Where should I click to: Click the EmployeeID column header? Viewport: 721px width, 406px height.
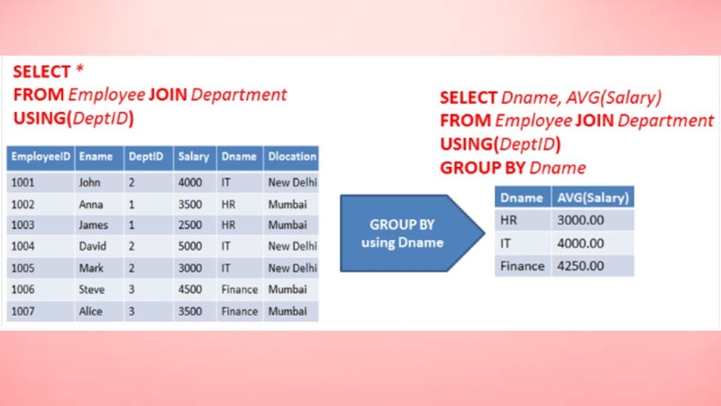[x=41, y=157]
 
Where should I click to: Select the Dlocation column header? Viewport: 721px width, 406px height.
[x=292, y=157]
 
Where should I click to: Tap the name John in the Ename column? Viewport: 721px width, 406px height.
[x=89, y=183]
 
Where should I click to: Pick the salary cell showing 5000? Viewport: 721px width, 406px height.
[x=190, y=246]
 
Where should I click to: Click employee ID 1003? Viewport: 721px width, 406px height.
[x=23, y=225]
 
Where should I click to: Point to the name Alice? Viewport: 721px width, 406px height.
[x=90, y=311]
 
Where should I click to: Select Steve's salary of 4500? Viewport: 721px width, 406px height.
[x=190, y=290]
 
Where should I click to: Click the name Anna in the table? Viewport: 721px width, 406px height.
[x=91, y=205]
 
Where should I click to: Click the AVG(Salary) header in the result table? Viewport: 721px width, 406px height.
[x=593, y=198]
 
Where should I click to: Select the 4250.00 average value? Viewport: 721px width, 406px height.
[x=580, y=266]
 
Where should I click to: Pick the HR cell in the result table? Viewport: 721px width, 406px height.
[x=508, y=220]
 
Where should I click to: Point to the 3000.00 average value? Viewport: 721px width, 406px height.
[x=580, y=220]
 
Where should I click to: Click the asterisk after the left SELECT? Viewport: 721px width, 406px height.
[x=79, y=69]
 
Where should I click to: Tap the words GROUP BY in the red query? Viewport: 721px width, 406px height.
[x=482, y=168]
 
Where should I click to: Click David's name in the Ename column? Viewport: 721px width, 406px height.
[x=93, y=246]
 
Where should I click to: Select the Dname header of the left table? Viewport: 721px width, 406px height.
[x=239, y=157]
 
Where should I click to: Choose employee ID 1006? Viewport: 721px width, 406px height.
[x=23, y=290]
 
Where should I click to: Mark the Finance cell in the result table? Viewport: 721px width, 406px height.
[x=523, y=266]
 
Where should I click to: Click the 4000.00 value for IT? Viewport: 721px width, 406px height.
[x=580, y=244]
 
